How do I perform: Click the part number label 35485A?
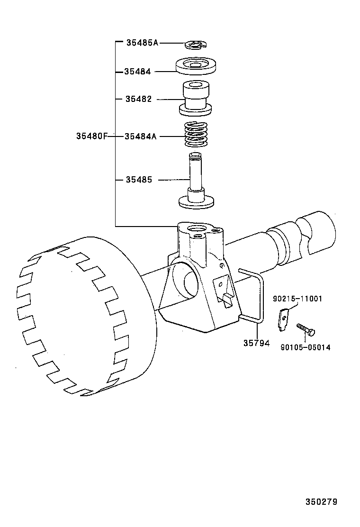tap(142, 43)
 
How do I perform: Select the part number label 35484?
tap(137, 72)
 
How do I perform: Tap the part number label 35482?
tap(138, 99)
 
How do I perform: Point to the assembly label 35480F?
tap(92, 136)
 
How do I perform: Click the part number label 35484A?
tap(140, 136)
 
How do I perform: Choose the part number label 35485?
tap(139, 180)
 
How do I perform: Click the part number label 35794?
tap(256, 343)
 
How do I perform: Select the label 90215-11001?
tap(297, 299)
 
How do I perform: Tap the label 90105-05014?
tap(306, 347)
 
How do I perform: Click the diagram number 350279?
tap(321, 501)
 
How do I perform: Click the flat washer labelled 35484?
tap(196, 66)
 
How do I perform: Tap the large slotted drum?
tap(81, 313)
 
